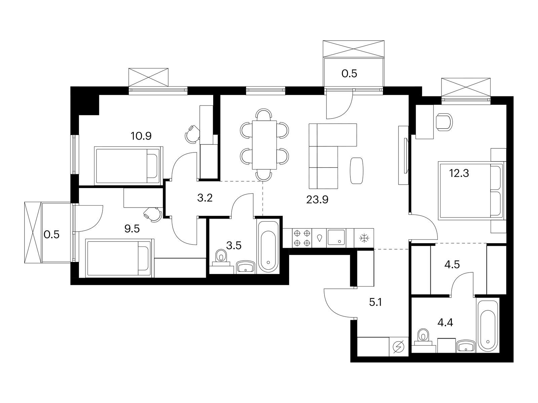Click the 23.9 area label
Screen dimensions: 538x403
click(x=317, y=200)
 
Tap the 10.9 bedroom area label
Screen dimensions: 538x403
click(x=141, y=136)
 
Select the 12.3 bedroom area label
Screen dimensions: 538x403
click(x=459, y=173)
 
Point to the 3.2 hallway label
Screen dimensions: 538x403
click(x=205, y=198)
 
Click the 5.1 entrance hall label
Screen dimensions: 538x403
click(x=375, y=303)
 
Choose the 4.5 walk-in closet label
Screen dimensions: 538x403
click(x=452, y=265)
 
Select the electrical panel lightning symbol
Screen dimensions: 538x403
click(x=398, y=347)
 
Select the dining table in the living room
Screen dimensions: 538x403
click(x=265, y=145)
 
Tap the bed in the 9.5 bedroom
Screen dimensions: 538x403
click(x=120, y=258)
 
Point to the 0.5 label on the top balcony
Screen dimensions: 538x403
click(x=349, y=74)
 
